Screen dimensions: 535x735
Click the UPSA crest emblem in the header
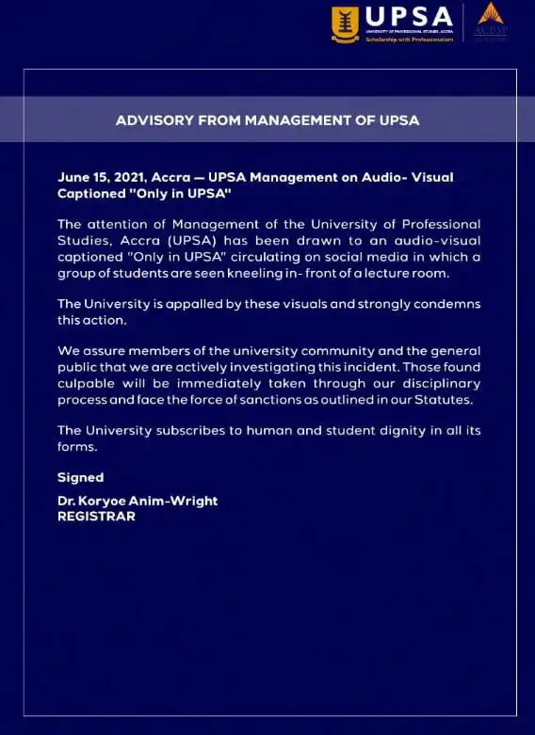(x=346, y=24)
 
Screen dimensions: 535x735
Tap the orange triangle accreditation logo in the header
(x=491, y=14)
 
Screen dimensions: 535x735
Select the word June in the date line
(x=73, y=176)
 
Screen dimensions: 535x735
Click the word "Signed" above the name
(x=81, y=477)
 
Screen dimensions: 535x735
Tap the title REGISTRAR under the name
(x=96, y=517)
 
